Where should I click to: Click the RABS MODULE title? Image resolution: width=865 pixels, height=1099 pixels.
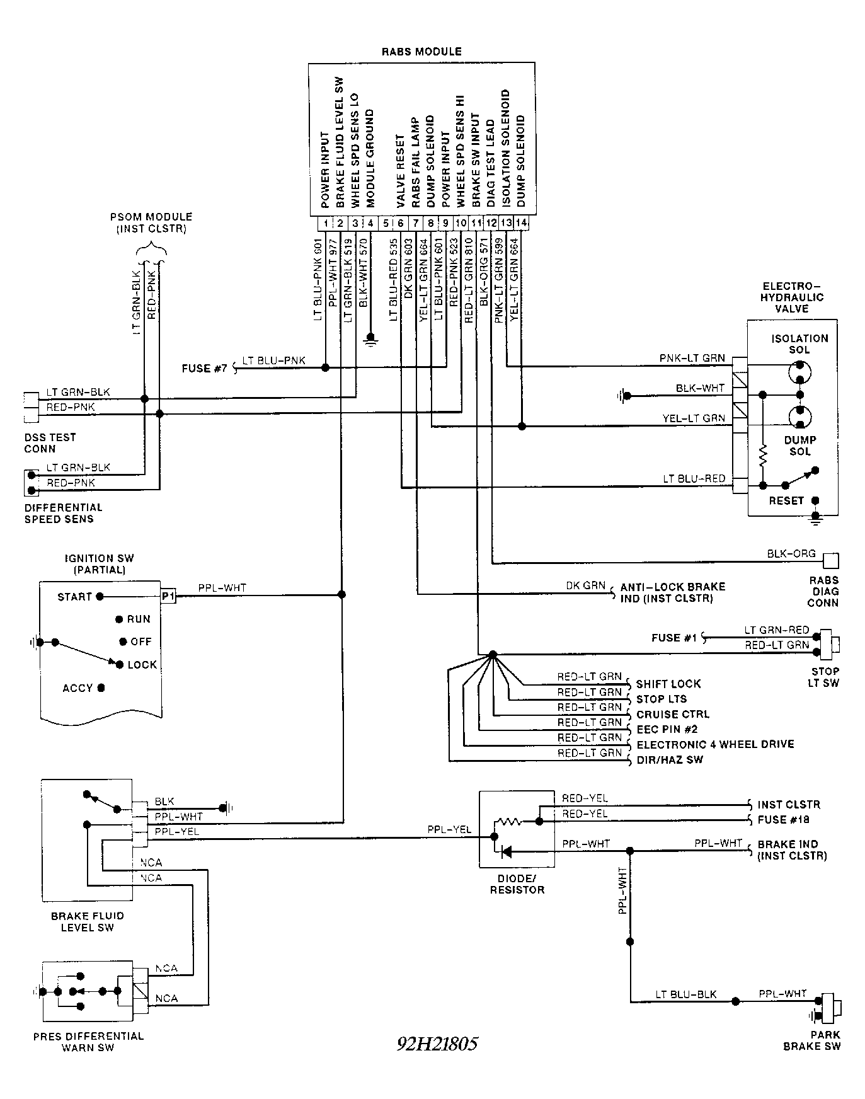pos(421,52)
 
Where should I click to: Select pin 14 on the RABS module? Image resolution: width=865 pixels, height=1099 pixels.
pos(521,223)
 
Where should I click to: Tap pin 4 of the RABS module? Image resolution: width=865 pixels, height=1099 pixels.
pos(370,223)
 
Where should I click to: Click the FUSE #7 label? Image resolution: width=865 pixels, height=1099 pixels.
pos(204,368)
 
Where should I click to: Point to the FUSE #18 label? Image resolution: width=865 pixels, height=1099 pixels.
pos(783,820)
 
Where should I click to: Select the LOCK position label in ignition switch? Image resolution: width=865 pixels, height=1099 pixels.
pos(142,665)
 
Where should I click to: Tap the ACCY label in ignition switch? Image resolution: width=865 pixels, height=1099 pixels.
pos(77,688)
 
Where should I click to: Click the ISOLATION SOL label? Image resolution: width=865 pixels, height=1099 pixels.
pos(799,344)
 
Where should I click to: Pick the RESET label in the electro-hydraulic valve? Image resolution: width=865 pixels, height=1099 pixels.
pos(786,500)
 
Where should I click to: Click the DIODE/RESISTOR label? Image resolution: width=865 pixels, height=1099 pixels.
pos(517,884)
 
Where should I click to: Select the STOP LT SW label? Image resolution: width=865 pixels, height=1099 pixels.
pos(825,677)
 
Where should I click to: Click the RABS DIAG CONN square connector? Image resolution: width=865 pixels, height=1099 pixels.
pos(831,560)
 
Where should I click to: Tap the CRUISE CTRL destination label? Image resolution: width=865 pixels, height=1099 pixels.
pos(673,715)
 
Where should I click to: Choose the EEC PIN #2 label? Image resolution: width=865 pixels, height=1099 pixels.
pos(667,730)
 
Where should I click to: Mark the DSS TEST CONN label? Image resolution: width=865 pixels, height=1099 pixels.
pos(50,443)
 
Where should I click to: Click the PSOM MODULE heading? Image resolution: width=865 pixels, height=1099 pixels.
pos(151,222)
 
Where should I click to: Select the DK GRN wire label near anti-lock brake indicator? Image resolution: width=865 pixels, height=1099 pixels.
pos(585,585)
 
